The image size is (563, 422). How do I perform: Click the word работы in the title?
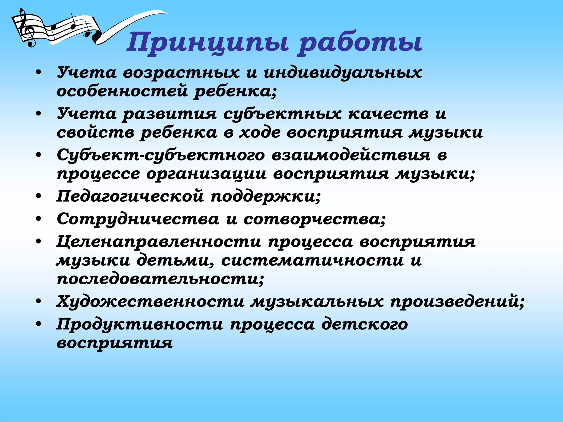360,43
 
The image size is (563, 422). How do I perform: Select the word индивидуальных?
343,73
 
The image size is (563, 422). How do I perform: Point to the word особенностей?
122,91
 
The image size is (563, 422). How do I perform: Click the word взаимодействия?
351,155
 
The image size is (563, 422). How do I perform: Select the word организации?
206,174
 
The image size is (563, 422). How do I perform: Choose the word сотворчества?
314,219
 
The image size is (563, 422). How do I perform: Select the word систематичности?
312,260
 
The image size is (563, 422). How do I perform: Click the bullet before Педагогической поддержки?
39,196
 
